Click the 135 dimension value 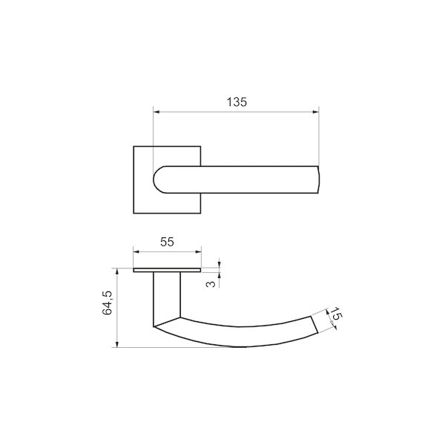pyautogui.click(x=237, y=102)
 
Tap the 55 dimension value pyautogui.click(x=167, y=242)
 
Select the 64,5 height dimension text pyautogui.click(x=108, y=303)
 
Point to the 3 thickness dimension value pyautogui.click(x=211, y=283)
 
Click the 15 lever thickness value pyautogui.click(x=337, y=314)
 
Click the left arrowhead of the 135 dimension pyautogui.click(x=156, y=112)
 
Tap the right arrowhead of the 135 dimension pyautogui.click(x=316, y=112)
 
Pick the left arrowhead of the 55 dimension pyautogui.click(x=136, y=251)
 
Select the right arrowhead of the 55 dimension pyautogui.click(x=198, y=251)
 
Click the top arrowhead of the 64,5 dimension pyautogui.click(x=116, y=271)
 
